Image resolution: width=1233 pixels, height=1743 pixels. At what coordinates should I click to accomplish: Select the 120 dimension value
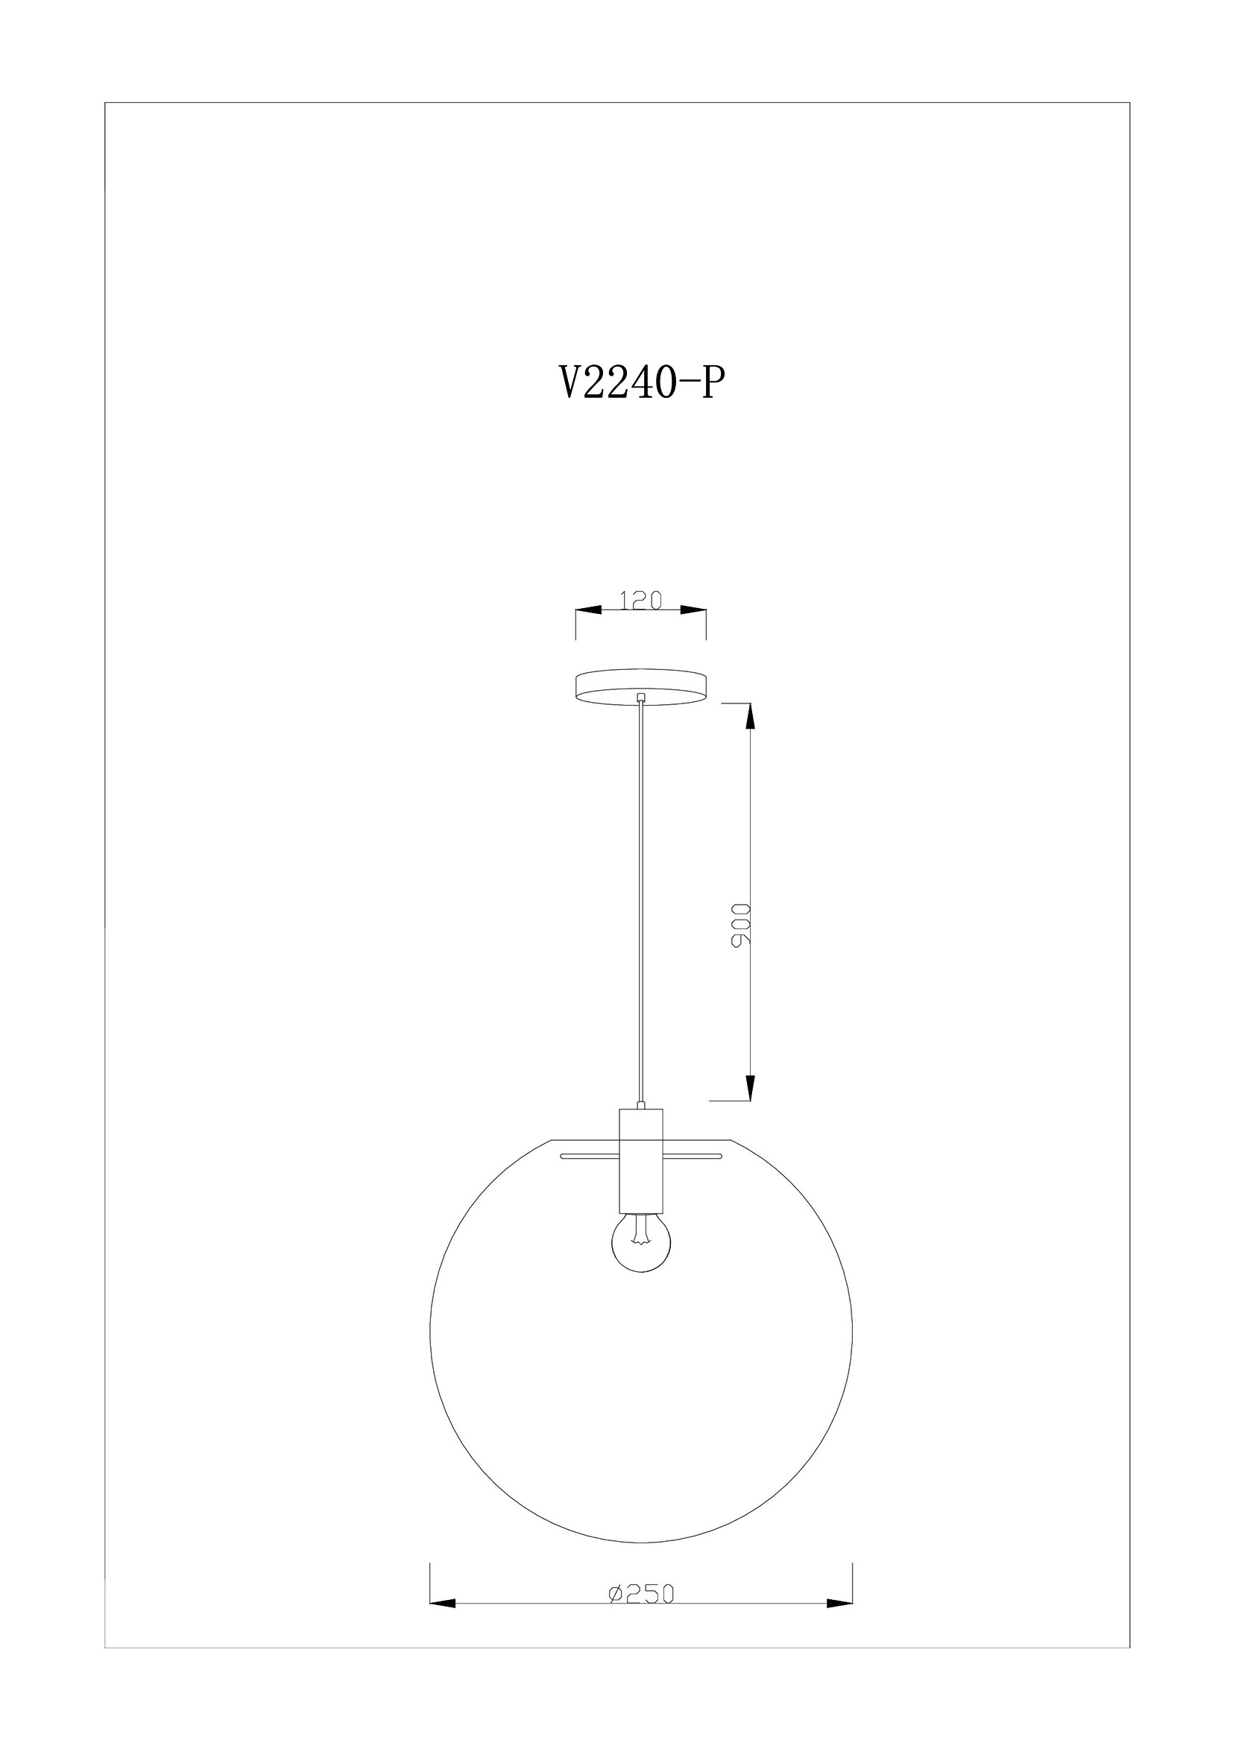642,600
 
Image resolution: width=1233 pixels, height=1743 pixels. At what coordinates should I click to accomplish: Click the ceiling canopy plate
642,688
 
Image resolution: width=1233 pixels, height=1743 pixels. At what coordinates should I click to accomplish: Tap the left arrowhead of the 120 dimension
589,610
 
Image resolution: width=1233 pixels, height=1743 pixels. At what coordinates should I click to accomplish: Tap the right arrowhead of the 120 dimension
693,610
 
